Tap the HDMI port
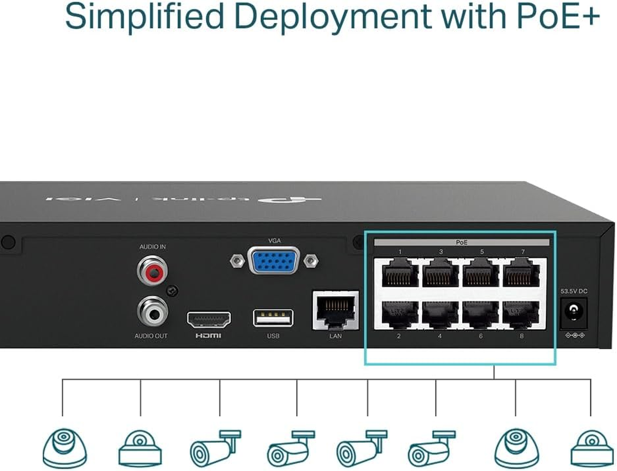209,320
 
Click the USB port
273,318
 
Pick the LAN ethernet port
335,310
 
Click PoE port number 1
400,274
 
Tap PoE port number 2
400,315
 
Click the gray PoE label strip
462,242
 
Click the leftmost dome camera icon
65,447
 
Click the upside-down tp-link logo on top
294,201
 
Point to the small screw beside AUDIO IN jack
171,290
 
